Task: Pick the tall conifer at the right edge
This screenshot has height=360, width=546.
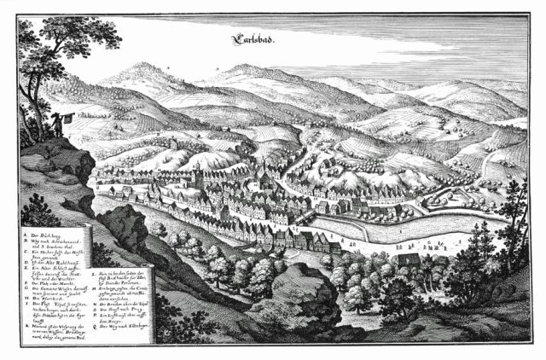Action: click(516, 213)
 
